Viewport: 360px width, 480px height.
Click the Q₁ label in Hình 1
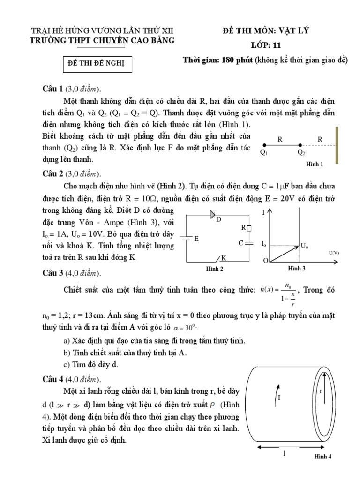pyautogui.click(x=263, y=152)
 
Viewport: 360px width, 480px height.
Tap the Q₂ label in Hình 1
pyautogui.click(x=301, y=152)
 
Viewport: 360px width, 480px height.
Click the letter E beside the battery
pyautogui.click(x=197, y=239)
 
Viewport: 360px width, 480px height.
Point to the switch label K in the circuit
pyautogui.click(x=224, y=258)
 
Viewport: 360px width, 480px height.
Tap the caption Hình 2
pyautogui.click(x=215, y=269)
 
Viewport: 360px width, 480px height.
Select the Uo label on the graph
pyautogui.click(x=304, y=245)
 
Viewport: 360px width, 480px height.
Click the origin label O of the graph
pyautogui.click(x=266, y=260)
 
